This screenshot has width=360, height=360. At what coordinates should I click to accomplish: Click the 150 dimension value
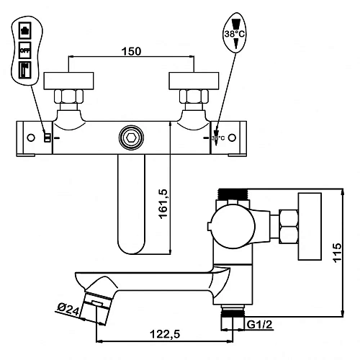pos(131,51)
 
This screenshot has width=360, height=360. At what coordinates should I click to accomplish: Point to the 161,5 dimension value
pos(163,204)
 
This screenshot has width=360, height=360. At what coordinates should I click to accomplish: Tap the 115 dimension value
pos(337,253)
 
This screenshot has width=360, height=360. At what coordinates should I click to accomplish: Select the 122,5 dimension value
pos(165,334)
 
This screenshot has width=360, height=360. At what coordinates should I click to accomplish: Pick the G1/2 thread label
pos(260,325)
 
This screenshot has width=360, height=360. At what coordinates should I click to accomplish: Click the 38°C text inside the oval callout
pos(235,34)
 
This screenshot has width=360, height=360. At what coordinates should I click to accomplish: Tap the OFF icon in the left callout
pos(25,50)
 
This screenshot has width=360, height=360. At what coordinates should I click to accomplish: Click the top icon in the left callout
pos(25,30)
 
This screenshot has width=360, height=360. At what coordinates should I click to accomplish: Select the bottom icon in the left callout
pos(25,70)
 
